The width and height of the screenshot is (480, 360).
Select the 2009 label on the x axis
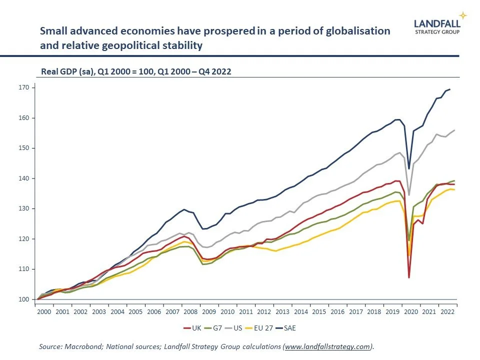(209, 311)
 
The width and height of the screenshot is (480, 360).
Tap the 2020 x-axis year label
(410, 311)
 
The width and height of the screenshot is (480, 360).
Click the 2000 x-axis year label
(44, 311)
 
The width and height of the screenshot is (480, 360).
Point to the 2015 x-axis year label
(319, 311)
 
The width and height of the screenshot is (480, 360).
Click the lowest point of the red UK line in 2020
(408, 277)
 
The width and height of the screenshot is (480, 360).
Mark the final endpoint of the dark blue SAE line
(450, 89)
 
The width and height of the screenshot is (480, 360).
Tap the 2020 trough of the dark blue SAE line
(408, 168)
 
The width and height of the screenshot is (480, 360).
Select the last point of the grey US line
(454, 130)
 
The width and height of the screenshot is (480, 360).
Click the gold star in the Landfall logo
(463, 15)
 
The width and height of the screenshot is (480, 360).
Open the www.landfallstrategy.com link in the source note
(327, 346)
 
